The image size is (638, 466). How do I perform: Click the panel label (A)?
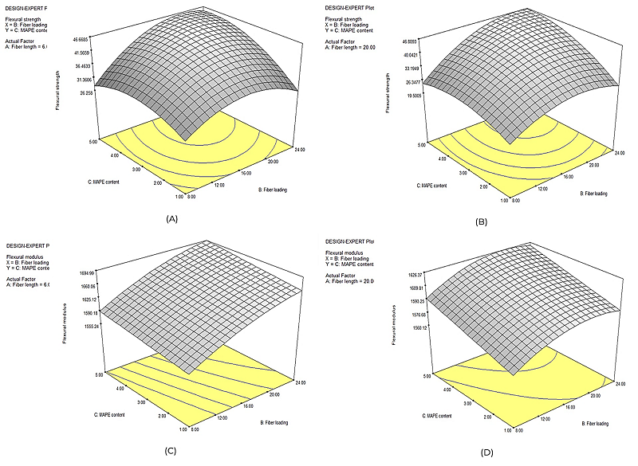[170, 217]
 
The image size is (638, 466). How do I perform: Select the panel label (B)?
[481, 222]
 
